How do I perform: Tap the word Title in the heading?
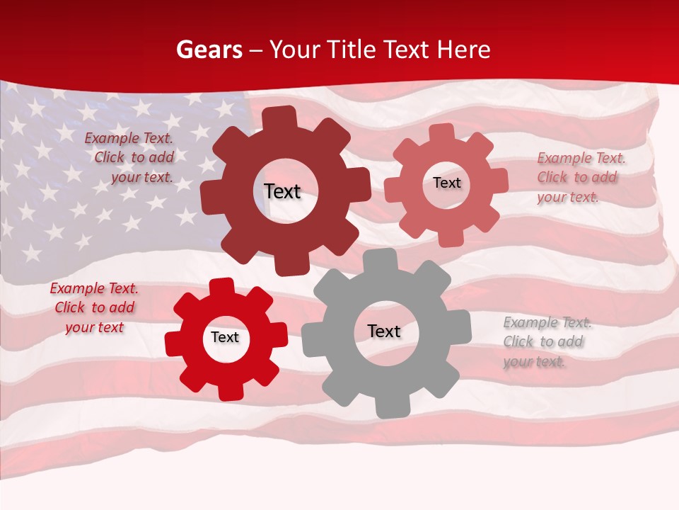[x=352, y=50]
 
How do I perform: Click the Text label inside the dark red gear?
[x=282, y=191]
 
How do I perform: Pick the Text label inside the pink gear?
[x=446, y=183]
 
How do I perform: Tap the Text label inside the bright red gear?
[x=225, y=337]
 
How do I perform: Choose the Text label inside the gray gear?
[x=384, y=331]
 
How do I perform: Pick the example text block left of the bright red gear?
[x=94, y=308]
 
